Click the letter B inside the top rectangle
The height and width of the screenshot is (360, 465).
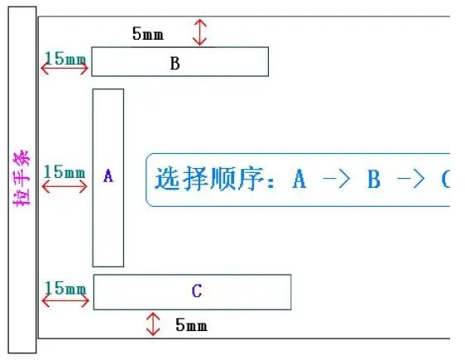(175, 63)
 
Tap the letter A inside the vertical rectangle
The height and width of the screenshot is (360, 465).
(108, 175)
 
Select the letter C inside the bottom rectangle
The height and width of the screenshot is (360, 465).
(197, 290)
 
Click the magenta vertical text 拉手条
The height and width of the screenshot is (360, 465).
(22, 178)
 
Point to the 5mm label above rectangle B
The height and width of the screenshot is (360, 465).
(147, 33)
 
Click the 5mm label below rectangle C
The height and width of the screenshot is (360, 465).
(191, 324)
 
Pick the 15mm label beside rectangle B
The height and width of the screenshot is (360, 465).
(65, 59)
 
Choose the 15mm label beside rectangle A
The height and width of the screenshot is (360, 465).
(65, 171)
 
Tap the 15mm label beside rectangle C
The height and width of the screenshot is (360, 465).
(65, 288)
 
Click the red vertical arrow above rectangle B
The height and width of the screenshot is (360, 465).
(200, 32)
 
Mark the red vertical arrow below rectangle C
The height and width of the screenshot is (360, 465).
(153, 324)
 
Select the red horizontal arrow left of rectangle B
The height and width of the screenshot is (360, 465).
(65, 69)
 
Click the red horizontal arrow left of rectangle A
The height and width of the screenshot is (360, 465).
(65, 187)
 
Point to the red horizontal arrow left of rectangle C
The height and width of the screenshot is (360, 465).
(65, 301)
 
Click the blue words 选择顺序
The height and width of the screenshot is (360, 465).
(209, 179)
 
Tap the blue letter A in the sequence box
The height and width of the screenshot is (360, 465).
(300, 179)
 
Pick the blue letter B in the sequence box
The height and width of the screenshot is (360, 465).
(374, 179)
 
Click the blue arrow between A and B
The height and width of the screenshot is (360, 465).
(337, 179)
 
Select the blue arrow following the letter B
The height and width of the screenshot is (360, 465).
(411, 179)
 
